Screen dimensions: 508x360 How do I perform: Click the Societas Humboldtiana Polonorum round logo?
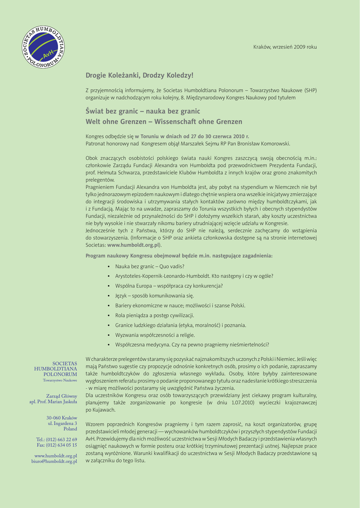pyautogui.click(x=44, y=47)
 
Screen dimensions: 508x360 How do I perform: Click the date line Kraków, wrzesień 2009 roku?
pyautogui.click(x=285, y=47)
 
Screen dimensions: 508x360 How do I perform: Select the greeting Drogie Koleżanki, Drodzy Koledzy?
pyautogui.click(x=140, y=75)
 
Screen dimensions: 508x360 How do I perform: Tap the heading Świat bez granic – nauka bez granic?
pyautogui.click(x=143, y=111)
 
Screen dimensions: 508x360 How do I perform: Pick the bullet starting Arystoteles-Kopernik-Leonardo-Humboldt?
pyautogui.click(x=194, y=276)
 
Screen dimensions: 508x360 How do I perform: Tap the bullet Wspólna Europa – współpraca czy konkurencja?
pyautogui.click(x=169, y=286)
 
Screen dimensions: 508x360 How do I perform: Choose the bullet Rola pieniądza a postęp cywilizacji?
pyautogui.click(x=154, y=315)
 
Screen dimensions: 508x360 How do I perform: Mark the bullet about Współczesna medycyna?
pyautogui.click(x=192, y=344)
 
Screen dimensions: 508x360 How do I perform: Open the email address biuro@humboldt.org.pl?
pyautogui.click(x=54, y=461)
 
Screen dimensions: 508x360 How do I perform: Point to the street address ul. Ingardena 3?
pyautogui.click(x=62, y=423)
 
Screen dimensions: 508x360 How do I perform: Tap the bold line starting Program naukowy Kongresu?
pyautogui.click(x=179, y=255)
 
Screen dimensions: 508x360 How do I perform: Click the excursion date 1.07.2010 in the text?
pyautogui.click(x=242, y=403)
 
